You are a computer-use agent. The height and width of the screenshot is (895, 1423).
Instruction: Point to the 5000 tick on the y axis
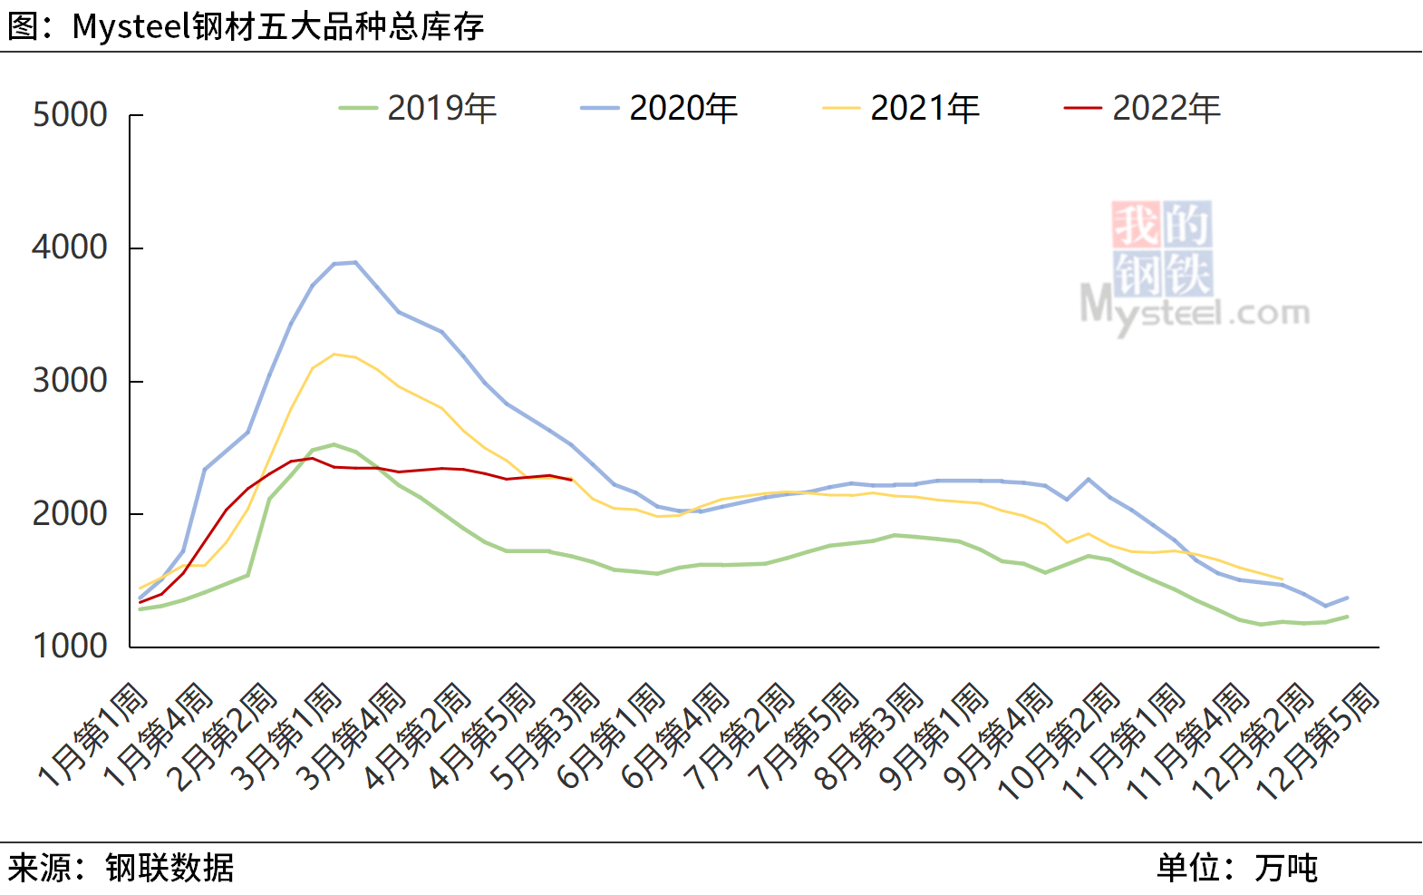[x=70, y=115]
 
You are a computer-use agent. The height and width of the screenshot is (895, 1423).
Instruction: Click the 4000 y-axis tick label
[x=70, y=248]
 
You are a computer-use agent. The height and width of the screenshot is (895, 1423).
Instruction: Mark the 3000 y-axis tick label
[x=70, y=381]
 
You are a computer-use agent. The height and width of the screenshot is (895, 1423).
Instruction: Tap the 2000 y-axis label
[x=70, y=514]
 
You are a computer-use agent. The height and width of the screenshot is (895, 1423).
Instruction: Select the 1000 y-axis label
[x=70, y=647]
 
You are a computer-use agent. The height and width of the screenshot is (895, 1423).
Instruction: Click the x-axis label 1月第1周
[x=93, y=734]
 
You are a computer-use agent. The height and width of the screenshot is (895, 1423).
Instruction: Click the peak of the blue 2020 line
[x=355, y=262]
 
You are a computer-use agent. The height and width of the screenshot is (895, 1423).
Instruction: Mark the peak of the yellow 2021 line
[x=334, y=354]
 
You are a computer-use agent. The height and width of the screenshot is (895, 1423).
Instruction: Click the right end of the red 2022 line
[x=571, y=480]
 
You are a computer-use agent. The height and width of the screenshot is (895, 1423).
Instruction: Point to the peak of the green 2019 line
[x=334, y=444]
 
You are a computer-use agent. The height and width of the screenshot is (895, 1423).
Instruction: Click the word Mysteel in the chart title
[x=131, y=26]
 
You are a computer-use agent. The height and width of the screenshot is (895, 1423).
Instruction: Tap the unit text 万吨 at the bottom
[x=1286, y=868]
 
